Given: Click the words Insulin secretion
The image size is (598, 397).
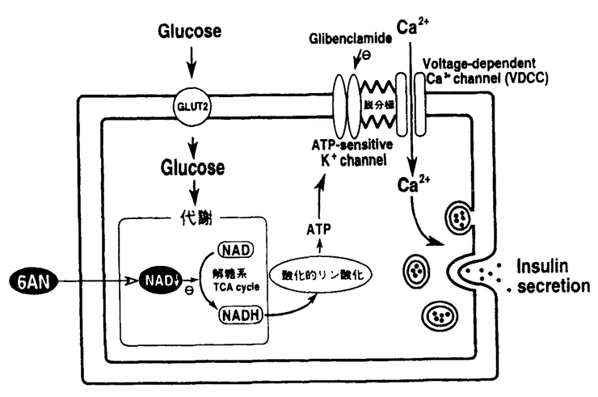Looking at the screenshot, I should tap(553, 276).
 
